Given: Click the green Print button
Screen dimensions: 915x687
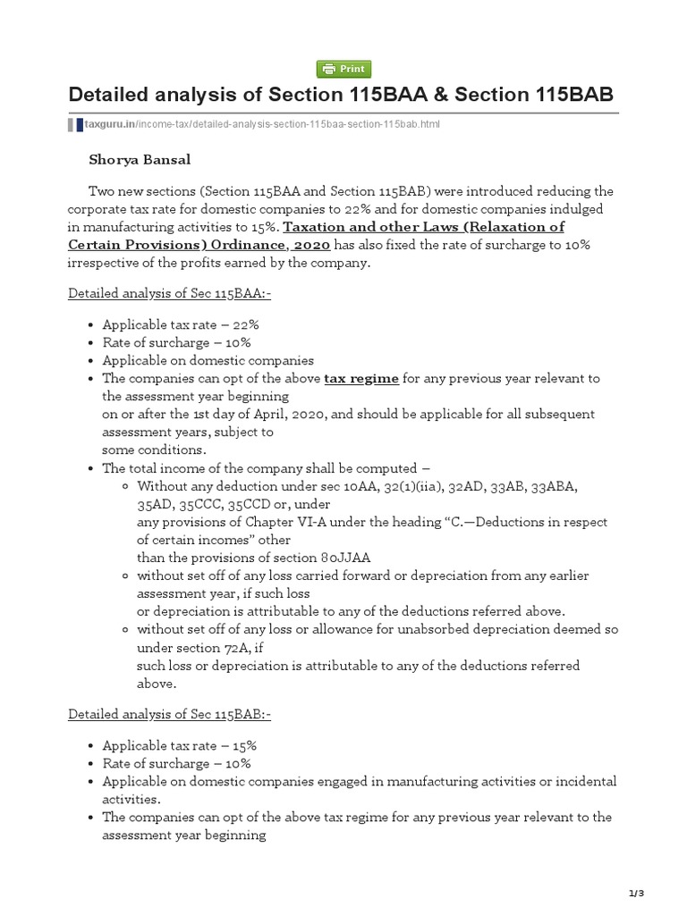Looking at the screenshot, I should pos(343,69).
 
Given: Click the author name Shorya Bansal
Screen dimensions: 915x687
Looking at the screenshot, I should pos(140,160).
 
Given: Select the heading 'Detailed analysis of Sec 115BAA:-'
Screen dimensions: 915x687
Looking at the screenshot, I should pos(169,294).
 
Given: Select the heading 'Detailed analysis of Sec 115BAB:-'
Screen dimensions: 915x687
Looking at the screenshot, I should pos(169,714).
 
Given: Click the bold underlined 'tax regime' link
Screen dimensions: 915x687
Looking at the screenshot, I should pos(361,379).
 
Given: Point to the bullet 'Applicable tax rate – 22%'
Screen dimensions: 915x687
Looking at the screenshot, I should pos(181,325).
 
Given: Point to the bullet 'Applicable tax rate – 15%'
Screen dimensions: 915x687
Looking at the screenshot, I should pos(181,745).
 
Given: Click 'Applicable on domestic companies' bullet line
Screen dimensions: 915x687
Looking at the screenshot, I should pos(208,361).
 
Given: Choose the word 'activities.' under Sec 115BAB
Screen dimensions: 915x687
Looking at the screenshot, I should pos(131,799).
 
